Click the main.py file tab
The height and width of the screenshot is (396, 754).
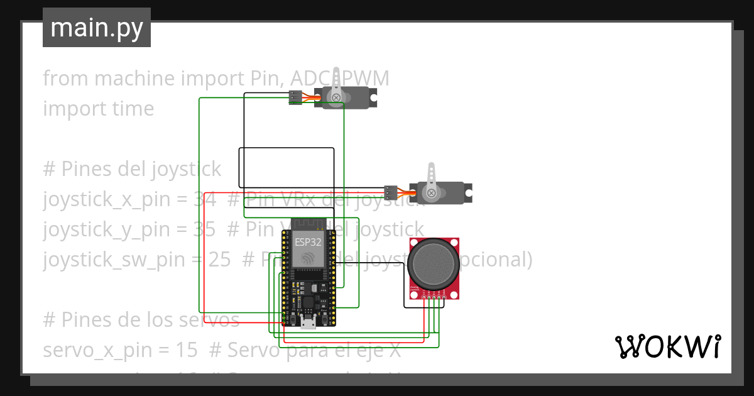tap(96, 28)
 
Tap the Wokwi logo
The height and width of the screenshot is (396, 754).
tap(667, 346)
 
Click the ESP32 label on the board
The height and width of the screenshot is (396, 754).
tap(305, 239)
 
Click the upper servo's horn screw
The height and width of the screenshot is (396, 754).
tap(337, 97)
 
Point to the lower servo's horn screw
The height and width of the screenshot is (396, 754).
tap(432, 192)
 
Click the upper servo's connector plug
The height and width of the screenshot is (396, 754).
tap(294, 97)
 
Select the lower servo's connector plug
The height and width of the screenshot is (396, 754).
tap(391, 191)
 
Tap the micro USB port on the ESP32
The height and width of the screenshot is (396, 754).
tap(308, 324)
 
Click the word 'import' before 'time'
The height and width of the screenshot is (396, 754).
tap(74, 109)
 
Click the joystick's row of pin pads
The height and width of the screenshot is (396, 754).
tap(433, 294)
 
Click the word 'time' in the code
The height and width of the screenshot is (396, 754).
tap(131, 109)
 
